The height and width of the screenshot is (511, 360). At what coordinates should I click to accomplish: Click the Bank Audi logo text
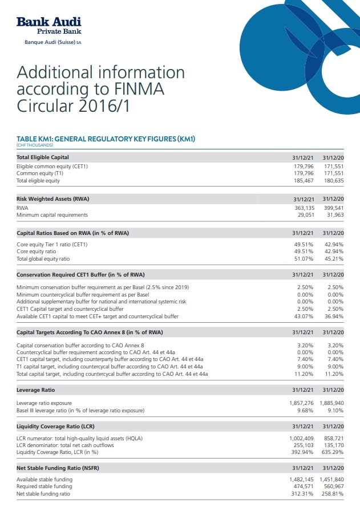pyautogui.click(x=48, y=22)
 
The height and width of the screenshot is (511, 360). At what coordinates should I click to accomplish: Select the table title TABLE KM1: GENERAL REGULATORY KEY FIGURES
pyautogui.click(x=106, y=139)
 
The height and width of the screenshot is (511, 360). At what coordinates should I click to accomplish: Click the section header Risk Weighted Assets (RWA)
pyautogui.click(x=53, y=198)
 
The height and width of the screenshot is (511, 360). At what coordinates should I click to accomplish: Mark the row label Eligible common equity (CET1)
pyautogui.click(x=52, y=167)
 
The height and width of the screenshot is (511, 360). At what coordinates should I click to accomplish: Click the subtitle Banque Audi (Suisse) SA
pyautogui.click(x=53, y=42)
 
